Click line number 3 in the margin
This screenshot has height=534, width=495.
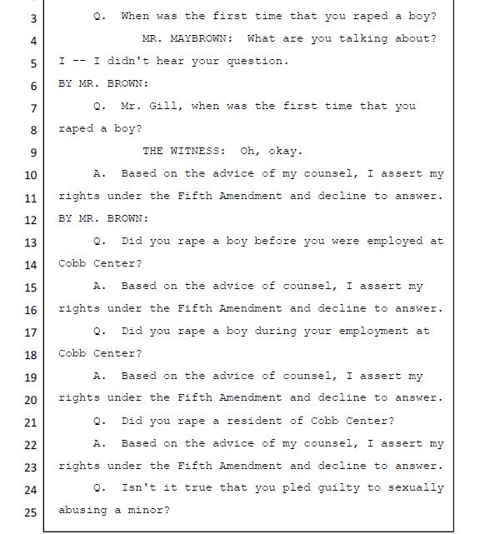click(x=33, y=18)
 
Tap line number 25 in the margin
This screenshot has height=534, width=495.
click(x=30, y=512)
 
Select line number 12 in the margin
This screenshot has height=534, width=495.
click(x=30, y=220)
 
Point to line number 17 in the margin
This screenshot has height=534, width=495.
click(x=30, y=332)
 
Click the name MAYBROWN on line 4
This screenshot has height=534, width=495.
click(x=198, y=38)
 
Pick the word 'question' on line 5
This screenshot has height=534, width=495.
click(x=254, y=62)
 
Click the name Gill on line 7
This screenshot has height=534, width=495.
click(x=163, y=106)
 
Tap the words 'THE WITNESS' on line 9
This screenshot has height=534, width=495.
click(x=181, y=151)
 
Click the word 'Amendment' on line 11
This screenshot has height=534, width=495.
click(x=250, y=196)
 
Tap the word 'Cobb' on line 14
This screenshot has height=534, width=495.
click(x=72, y=263)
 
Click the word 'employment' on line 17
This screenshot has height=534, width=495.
click(x=373, y=331)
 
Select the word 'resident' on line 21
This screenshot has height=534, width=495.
click(x=254, y=421)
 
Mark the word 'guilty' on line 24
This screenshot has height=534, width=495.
click(x=338, y=488)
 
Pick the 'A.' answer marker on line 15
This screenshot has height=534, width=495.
click(x=99, y=286)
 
